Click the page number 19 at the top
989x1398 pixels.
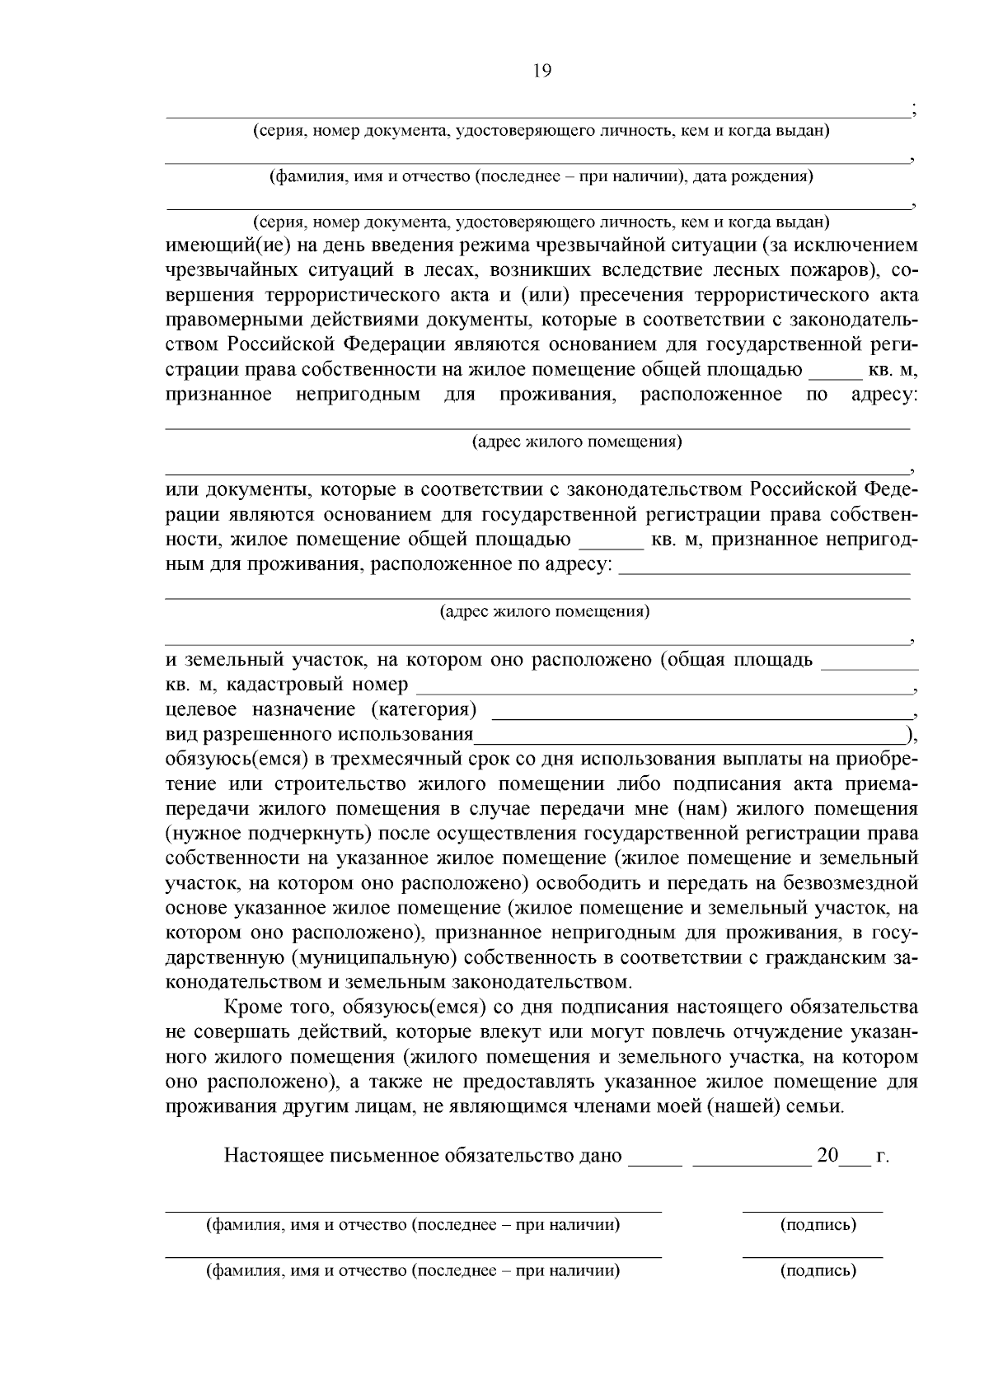[541, 71]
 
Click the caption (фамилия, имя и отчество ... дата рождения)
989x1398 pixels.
[541, 176]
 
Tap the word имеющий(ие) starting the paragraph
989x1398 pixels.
[216, 245]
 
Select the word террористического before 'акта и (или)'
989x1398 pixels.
[395, 296]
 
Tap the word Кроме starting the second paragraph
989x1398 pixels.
[249, 1008]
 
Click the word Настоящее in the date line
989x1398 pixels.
[275, 1156]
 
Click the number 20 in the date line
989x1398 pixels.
[827, 1156]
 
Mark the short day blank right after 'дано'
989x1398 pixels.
[655, 1162]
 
